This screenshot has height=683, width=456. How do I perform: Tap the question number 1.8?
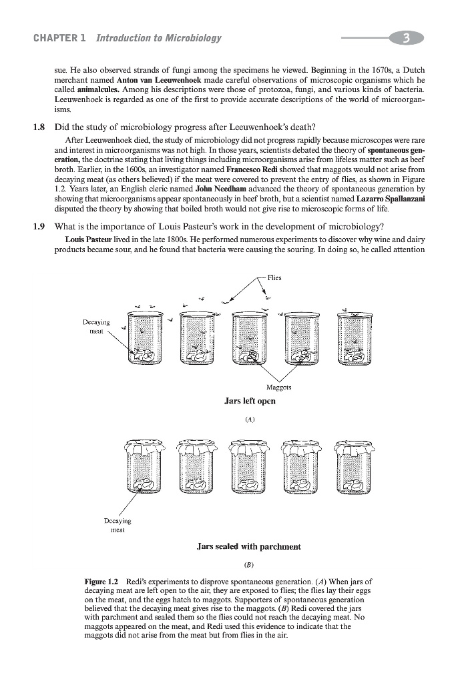coord(41,127)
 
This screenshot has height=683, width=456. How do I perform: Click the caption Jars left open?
coord(250,402)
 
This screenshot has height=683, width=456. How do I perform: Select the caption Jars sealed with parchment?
coord(249,546)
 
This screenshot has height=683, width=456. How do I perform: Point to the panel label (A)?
coord(250,420)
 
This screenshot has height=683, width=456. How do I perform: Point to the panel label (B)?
coord(249,565)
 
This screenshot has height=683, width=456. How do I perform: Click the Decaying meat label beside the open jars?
coord(97,325)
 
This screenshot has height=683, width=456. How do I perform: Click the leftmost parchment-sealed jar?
coord(143,471)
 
